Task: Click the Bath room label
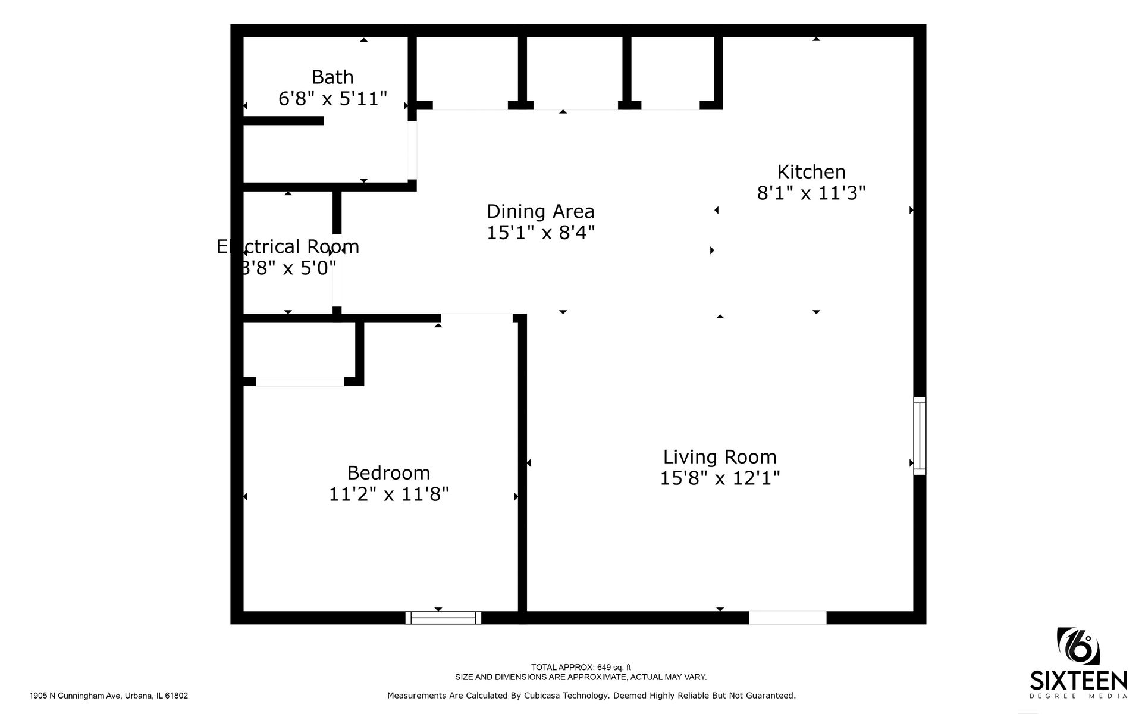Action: [x=332, y=77]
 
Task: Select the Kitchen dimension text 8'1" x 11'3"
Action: [x=811, y=193]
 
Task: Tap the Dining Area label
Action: [x=540, y=211]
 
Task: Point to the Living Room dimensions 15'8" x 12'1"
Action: [x=720, y=478]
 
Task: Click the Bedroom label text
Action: [x=388, y=473]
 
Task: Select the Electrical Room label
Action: [x=288, y=246]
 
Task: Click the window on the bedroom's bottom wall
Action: [x=443, y=618]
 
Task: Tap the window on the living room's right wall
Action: [x=920, y=436]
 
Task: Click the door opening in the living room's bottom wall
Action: [x=788, y=618]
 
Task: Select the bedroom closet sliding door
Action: [x=300, y=381]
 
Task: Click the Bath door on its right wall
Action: [x=412, y=149]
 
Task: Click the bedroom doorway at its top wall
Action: [x=476, y=317]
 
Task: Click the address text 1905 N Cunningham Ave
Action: [x=108, y=696]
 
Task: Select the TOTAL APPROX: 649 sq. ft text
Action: [x=581, y=668]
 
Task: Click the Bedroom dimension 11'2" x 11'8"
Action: [x=388, y=494]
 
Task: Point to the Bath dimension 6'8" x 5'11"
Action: [x=332, y=99]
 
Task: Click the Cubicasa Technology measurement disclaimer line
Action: [x=591, y=696]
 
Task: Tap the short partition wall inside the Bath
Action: [x=283, y=120]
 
